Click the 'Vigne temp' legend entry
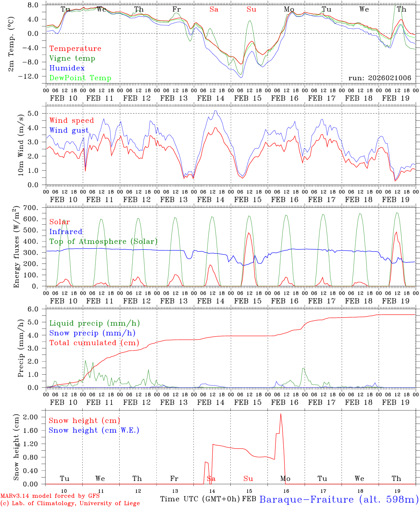pos(72,58)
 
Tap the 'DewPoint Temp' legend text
pos(80,78)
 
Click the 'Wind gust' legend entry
pos(69,130)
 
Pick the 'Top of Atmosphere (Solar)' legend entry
pos(103,242)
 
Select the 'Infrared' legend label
pos(66,232)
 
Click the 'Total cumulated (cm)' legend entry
pos(94,343)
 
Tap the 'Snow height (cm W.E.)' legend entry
pos(94,430)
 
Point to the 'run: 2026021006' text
pos(380,78)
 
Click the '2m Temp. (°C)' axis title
pos(11,44)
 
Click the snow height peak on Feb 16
pos(280,414)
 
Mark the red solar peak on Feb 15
pos(249,233)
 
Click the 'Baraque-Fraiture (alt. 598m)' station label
pos(339,499)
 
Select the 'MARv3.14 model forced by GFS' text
pos(50,496)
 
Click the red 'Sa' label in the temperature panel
pos(214,10)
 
